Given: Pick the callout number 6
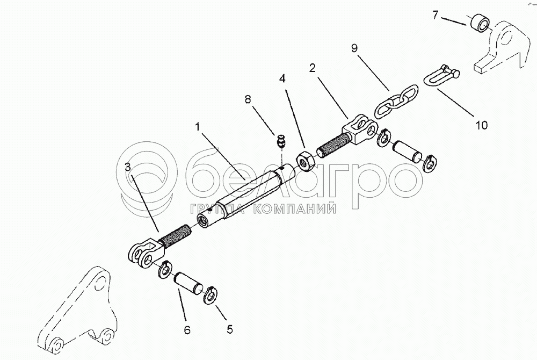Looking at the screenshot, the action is [187, 330].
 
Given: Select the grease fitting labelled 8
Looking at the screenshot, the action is [280, 142].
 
